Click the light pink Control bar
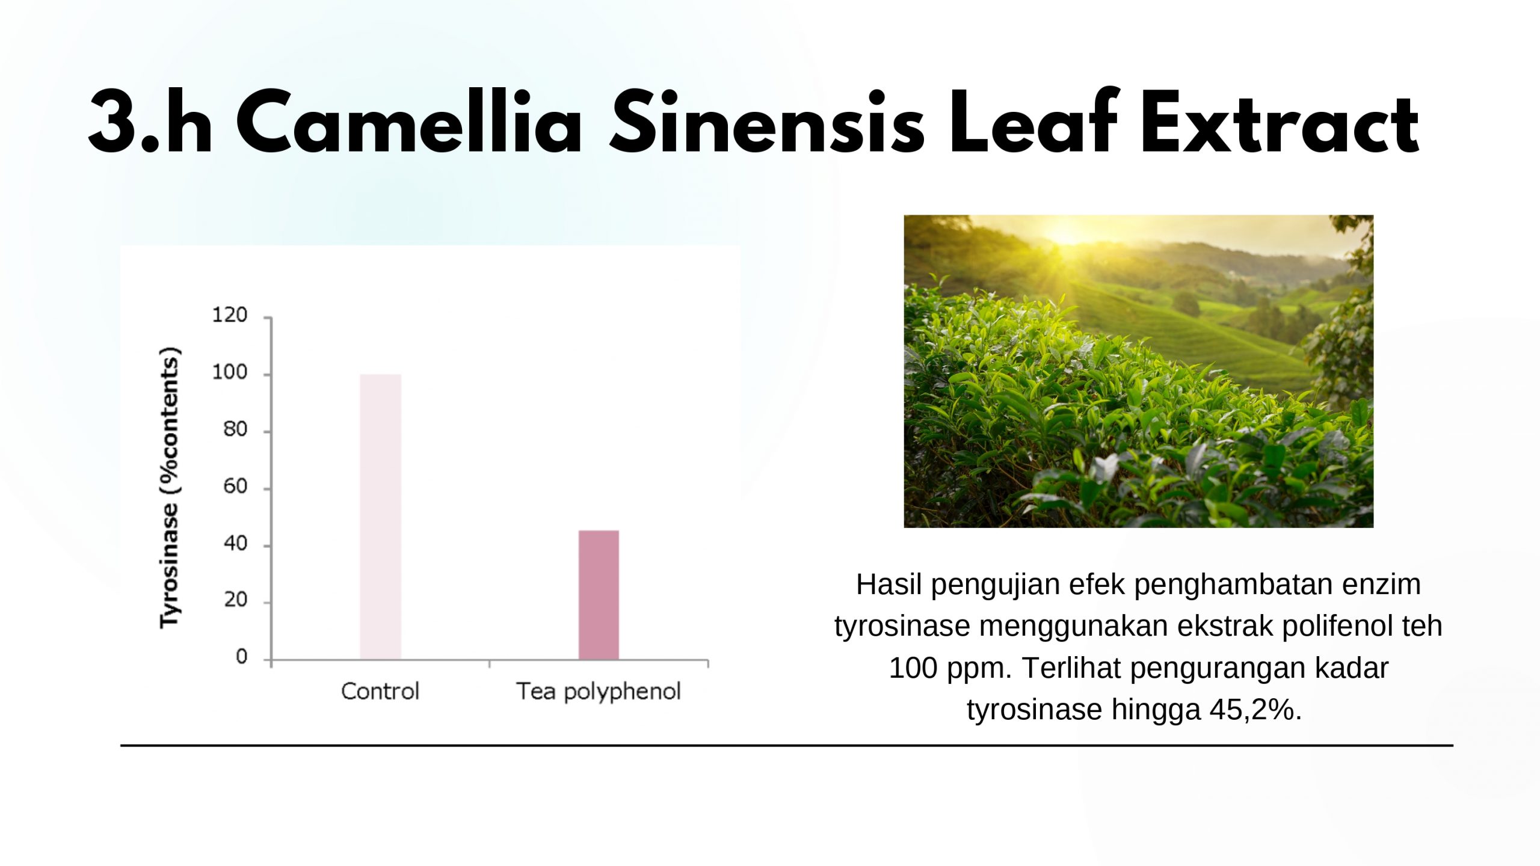[x=380, y=517]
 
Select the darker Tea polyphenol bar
[x=599, y=595]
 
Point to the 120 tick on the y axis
[x=230, y=315]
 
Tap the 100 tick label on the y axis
[x=230, y=373]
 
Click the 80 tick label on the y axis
[x=235, y=429]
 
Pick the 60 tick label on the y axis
[x=235, y=487]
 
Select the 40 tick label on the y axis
[x=235, y=544]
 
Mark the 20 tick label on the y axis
[x=235, y=600]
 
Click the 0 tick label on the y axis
[x=242, y=657]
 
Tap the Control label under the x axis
[x=380, y=692]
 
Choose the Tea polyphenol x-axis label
[x=599, y=692]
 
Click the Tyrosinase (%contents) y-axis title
[x=170, y=488]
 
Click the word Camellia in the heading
[x=410, y=123]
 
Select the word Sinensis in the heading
[x=767, y=123]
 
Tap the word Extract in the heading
[x=1280, y=123]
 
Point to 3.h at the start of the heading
[x=150, y=123]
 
